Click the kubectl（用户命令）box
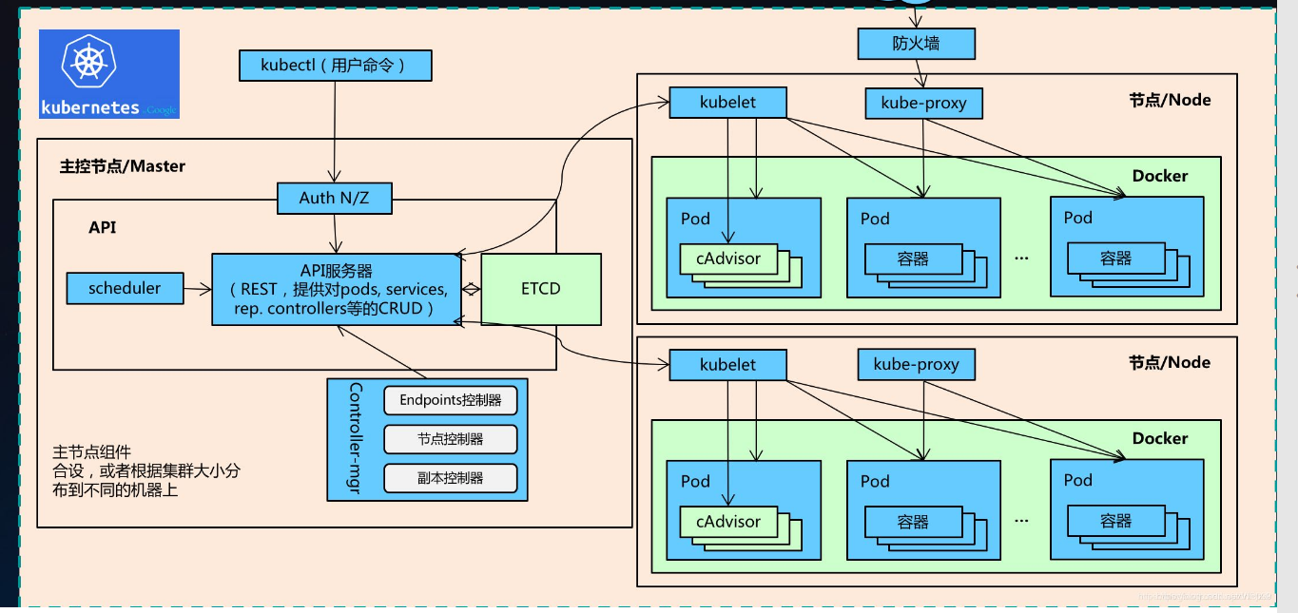(x=334, y=66)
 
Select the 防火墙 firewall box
(x=916, y=44)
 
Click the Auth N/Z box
(x=334, y=198)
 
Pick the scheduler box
(x=125, y=288)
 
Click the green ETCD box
(x=541, y=289)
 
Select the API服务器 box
(x=333, y=289)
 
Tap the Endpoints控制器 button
(x=450, y=400)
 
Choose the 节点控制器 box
(x=450, y=439)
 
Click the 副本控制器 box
(x=450, y=478)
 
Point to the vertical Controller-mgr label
(x=355, y=439)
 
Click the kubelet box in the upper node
(x=727, y=102)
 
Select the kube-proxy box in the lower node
(x=916, y=364)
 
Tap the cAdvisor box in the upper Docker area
(x=728, y=259)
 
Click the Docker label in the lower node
(x=1159, y=438)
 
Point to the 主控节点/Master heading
(x=123, y=166)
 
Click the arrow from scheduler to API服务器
(x=197, y=289)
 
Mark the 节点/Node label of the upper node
(x=1170, y=100)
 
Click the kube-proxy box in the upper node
(x=923, y=103)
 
